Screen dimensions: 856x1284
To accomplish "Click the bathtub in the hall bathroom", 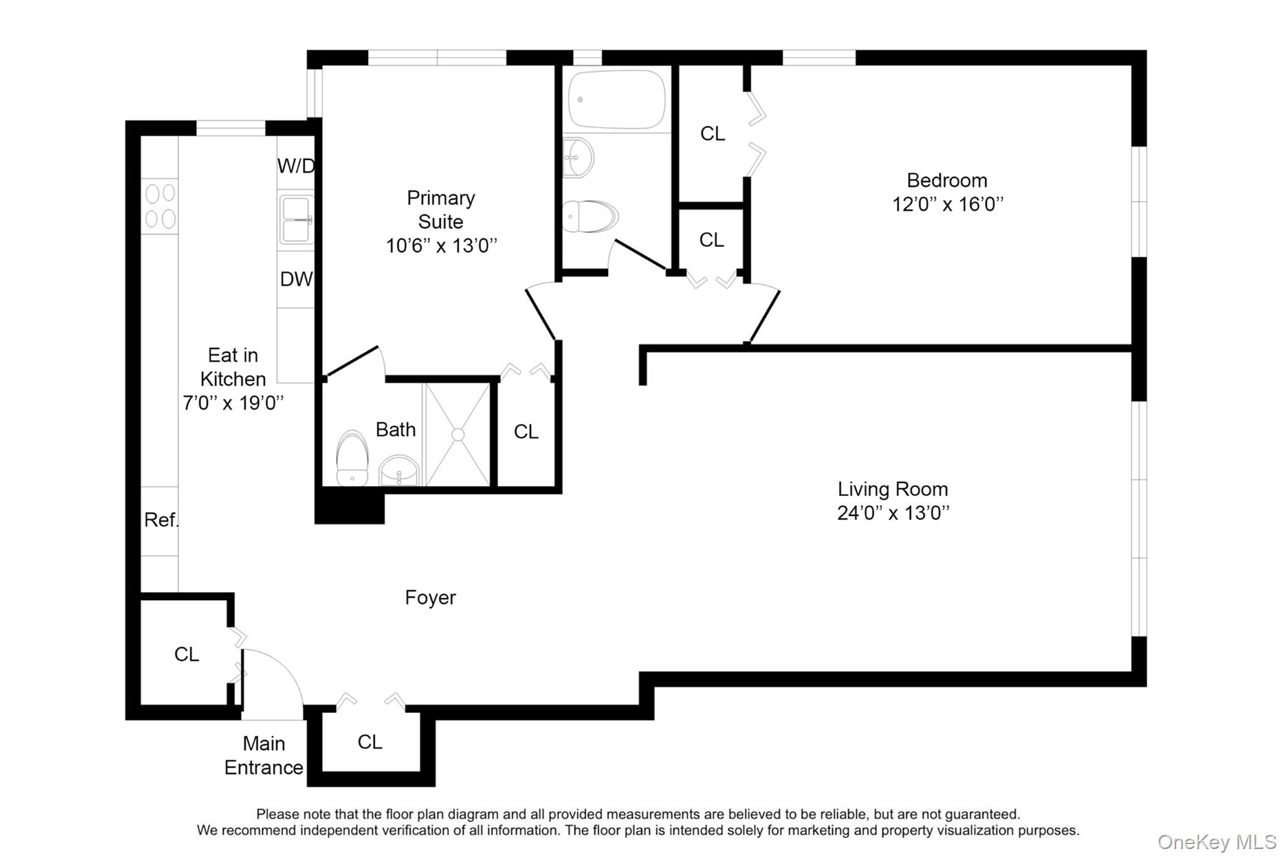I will pos(616,100).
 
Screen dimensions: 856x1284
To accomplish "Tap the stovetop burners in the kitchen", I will pos(160,206).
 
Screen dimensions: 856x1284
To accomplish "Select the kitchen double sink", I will pos(296,219).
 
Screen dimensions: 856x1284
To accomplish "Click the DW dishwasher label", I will pos(296,279).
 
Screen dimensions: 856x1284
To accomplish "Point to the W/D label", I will pos(296,166).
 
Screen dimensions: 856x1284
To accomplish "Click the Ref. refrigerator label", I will pos(161,520).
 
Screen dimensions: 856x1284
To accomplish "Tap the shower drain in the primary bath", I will pos(458,435).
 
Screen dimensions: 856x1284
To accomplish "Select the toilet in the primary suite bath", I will pos(352,458).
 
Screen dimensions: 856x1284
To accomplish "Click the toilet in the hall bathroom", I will pos(589,216).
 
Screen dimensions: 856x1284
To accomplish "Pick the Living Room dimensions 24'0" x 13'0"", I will pos(893,513).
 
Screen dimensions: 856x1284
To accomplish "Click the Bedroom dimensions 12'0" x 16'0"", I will pos(947,204).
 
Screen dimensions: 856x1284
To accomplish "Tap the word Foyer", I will pos(430,598).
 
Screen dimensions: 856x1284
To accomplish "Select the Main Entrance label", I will pos(264,756).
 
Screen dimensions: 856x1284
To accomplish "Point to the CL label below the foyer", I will pos(370,742).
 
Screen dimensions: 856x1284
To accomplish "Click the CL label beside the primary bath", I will pos(526,431).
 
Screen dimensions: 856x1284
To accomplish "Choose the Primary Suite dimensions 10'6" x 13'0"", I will pos(441,246).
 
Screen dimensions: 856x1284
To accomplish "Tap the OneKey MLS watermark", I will pos(1216,842).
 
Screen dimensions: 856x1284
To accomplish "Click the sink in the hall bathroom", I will pos(579,158).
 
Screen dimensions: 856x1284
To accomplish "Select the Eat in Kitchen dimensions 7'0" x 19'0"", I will pos(233,403).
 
